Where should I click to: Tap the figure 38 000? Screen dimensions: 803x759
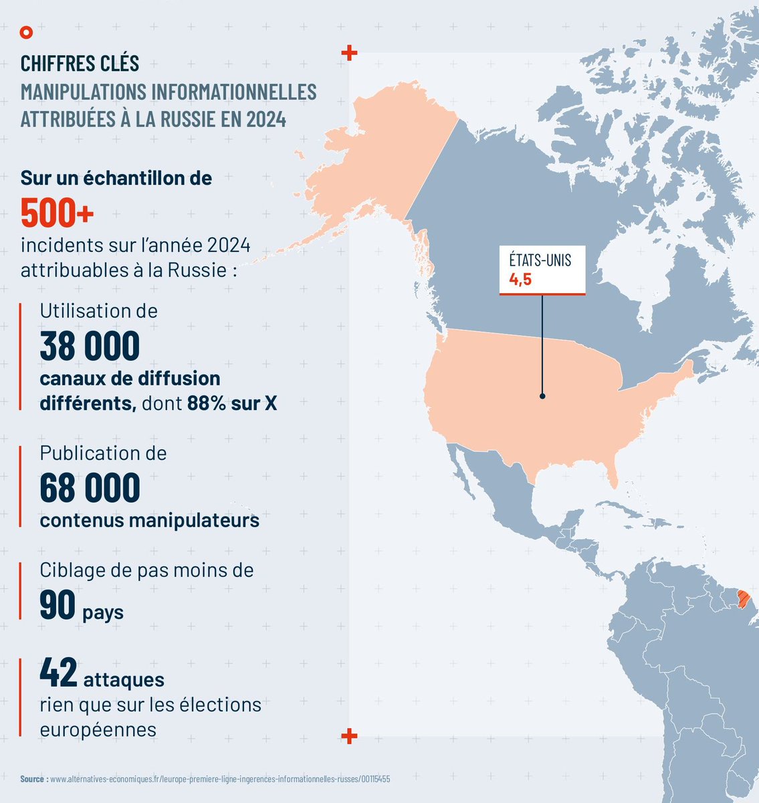coord(90,346)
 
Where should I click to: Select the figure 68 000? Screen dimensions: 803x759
coord(90,488)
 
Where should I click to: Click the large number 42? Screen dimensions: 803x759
coord(59,673)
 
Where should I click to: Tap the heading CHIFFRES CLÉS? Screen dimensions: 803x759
coord(80,64)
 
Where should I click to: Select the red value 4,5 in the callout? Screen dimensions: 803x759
coord(520,280)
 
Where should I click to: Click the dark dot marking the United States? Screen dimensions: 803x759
coord(542,396)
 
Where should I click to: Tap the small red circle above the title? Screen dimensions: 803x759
coord(26,31)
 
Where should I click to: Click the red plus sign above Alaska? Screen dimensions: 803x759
coord(348,53)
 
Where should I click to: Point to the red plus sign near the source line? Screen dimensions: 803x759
coord(348,736)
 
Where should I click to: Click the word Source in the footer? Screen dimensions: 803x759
coord(33,780)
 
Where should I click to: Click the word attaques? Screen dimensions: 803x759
coord(124,680)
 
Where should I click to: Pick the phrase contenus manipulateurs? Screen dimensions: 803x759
coord(149,520)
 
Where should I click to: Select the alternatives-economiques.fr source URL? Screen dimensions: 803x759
coord(220,780)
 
